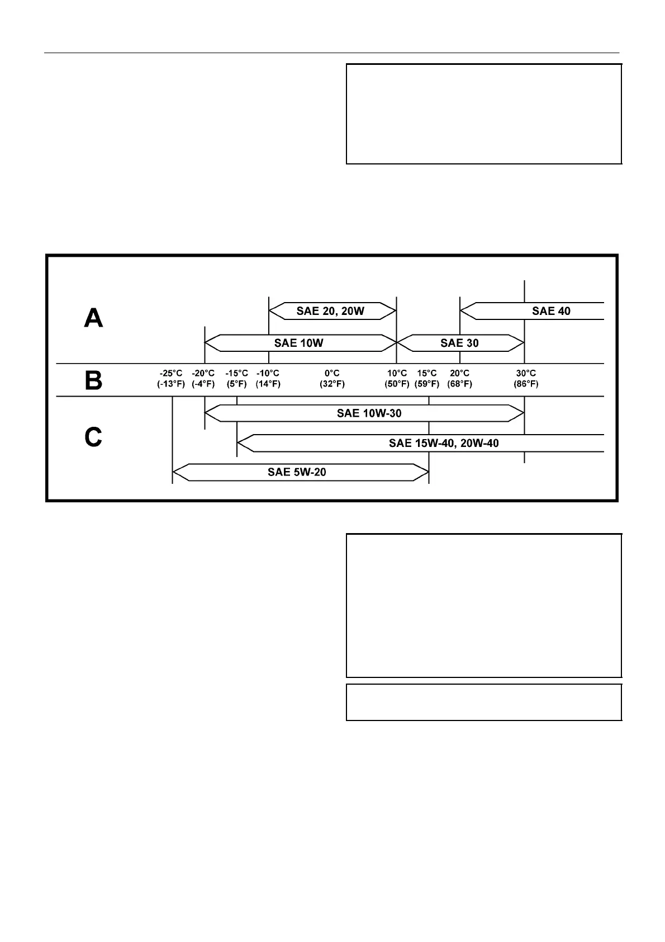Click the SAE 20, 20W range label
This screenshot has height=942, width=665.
(x=330, y=311)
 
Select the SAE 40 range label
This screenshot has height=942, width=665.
(x=551, y=311)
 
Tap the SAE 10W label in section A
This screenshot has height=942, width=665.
(x=298, y=343)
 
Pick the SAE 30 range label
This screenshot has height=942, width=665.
(x=459, y=343)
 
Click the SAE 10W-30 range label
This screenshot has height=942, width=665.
(x=369, y=413)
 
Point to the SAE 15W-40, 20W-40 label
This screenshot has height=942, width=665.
(x=444, y=443)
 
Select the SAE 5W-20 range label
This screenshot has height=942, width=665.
(x=297, y=472)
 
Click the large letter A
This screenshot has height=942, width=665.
(x=93, y=319)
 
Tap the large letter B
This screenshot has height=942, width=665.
(x=93, y=381)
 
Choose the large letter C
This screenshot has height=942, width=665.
(x=93, y=437)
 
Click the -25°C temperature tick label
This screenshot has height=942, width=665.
(x=171, y=373)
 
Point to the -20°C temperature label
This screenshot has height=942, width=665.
(x=203, y=373)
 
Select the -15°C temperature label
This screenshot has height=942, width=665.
(x=236, y=373)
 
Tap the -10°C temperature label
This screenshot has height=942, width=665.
(x=268, y=373)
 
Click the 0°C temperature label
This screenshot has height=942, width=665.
(x=332, y=373)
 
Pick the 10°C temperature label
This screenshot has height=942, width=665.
(x=397, y=373)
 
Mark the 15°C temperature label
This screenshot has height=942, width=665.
(x=427, y=373)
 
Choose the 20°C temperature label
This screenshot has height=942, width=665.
(x=459, y=373)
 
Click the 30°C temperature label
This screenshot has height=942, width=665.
(x=526, y=373)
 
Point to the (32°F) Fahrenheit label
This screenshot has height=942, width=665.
(x=332, y=384)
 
